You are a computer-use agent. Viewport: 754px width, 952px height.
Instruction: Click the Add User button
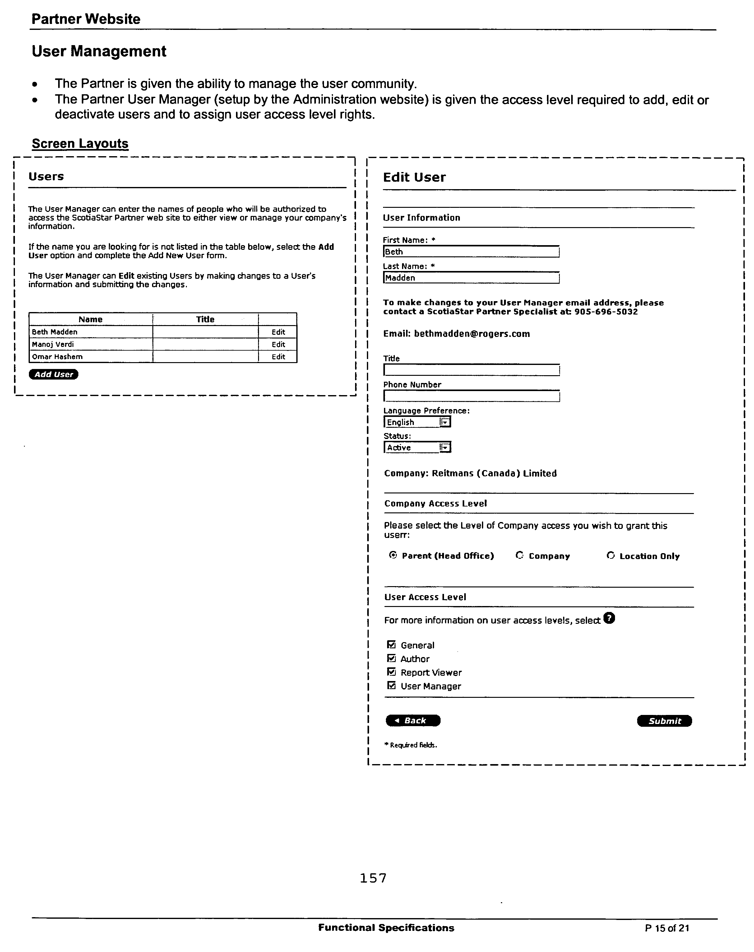click(53, 374)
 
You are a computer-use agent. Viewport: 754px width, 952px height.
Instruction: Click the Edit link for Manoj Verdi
click(278, 344)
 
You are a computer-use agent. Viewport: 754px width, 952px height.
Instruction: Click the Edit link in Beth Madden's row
click(278, 332)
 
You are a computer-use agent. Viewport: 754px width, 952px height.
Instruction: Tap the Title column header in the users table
click(205, 319)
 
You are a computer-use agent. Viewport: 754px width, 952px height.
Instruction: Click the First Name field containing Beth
click(471, 252)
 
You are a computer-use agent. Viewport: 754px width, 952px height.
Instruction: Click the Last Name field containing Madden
click(471, 278)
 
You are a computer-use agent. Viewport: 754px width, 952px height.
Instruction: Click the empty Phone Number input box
click(471, 396)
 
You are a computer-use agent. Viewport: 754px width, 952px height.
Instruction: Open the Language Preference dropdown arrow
click(445, 422)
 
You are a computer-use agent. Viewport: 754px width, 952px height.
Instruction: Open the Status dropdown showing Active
click(445, 448)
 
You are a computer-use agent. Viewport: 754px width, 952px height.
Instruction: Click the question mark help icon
click(609, 618)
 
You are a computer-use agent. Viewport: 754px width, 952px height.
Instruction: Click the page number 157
click(373, 878)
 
